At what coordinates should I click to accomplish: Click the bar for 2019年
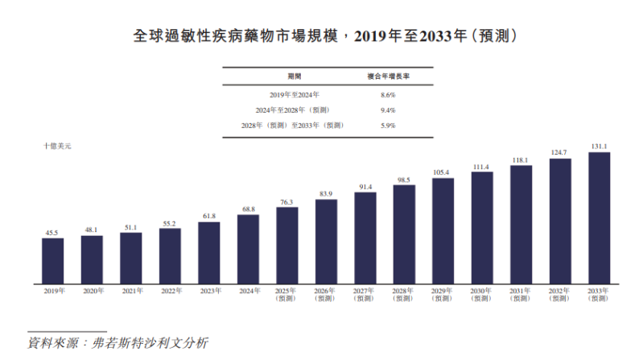(53, 260)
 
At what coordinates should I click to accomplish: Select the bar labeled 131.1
(599, 217)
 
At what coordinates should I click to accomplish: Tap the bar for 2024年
(248, 249)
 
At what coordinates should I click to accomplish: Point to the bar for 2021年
(131, 258)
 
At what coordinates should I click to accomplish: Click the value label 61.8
(209, 216)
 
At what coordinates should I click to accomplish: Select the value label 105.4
(443, 172)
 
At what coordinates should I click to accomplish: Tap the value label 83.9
(326, 193)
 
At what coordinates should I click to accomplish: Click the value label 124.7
(559, 152)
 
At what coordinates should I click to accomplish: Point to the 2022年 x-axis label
(170, 291)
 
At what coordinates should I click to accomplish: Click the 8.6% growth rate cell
(387, 94)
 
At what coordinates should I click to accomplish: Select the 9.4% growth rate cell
(387, 110)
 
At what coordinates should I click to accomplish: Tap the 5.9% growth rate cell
(387, 125)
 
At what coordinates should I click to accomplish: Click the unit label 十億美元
(58, 145)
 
